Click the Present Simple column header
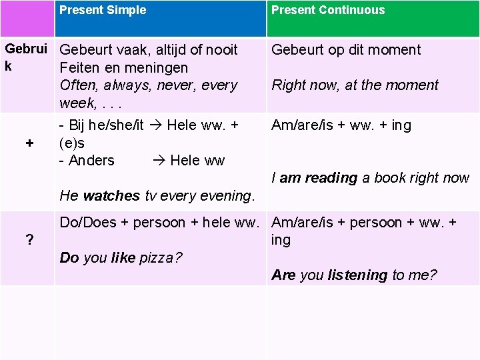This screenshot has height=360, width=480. click(x=103, y=10)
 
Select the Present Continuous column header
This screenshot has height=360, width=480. click(x=328, y=10)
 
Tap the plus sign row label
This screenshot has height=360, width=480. click(x=29, y=143)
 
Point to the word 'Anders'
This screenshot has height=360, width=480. click(x=91, y=161)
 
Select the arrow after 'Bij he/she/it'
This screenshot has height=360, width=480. click(x=156, y=125)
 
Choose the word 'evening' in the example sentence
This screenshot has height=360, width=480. click(x=225, y=196)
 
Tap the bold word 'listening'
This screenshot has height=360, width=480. click(x=357, y=275)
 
